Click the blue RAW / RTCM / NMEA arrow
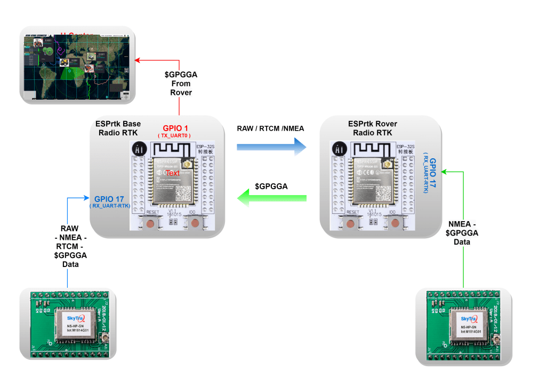tap(272, 145)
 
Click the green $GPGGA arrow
tap(271, 199)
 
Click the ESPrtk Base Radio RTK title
tap(118, 128)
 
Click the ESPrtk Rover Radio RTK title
tap(373, 128)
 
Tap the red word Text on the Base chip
tap(173, 173)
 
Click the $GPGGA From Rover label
tap(181, 83)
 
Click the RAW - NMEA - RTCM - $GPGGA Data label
tap(70, 246)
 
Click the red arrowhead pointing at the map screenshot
tap(137, 60)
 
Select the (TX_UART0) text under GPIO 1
tap(174, 136)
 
